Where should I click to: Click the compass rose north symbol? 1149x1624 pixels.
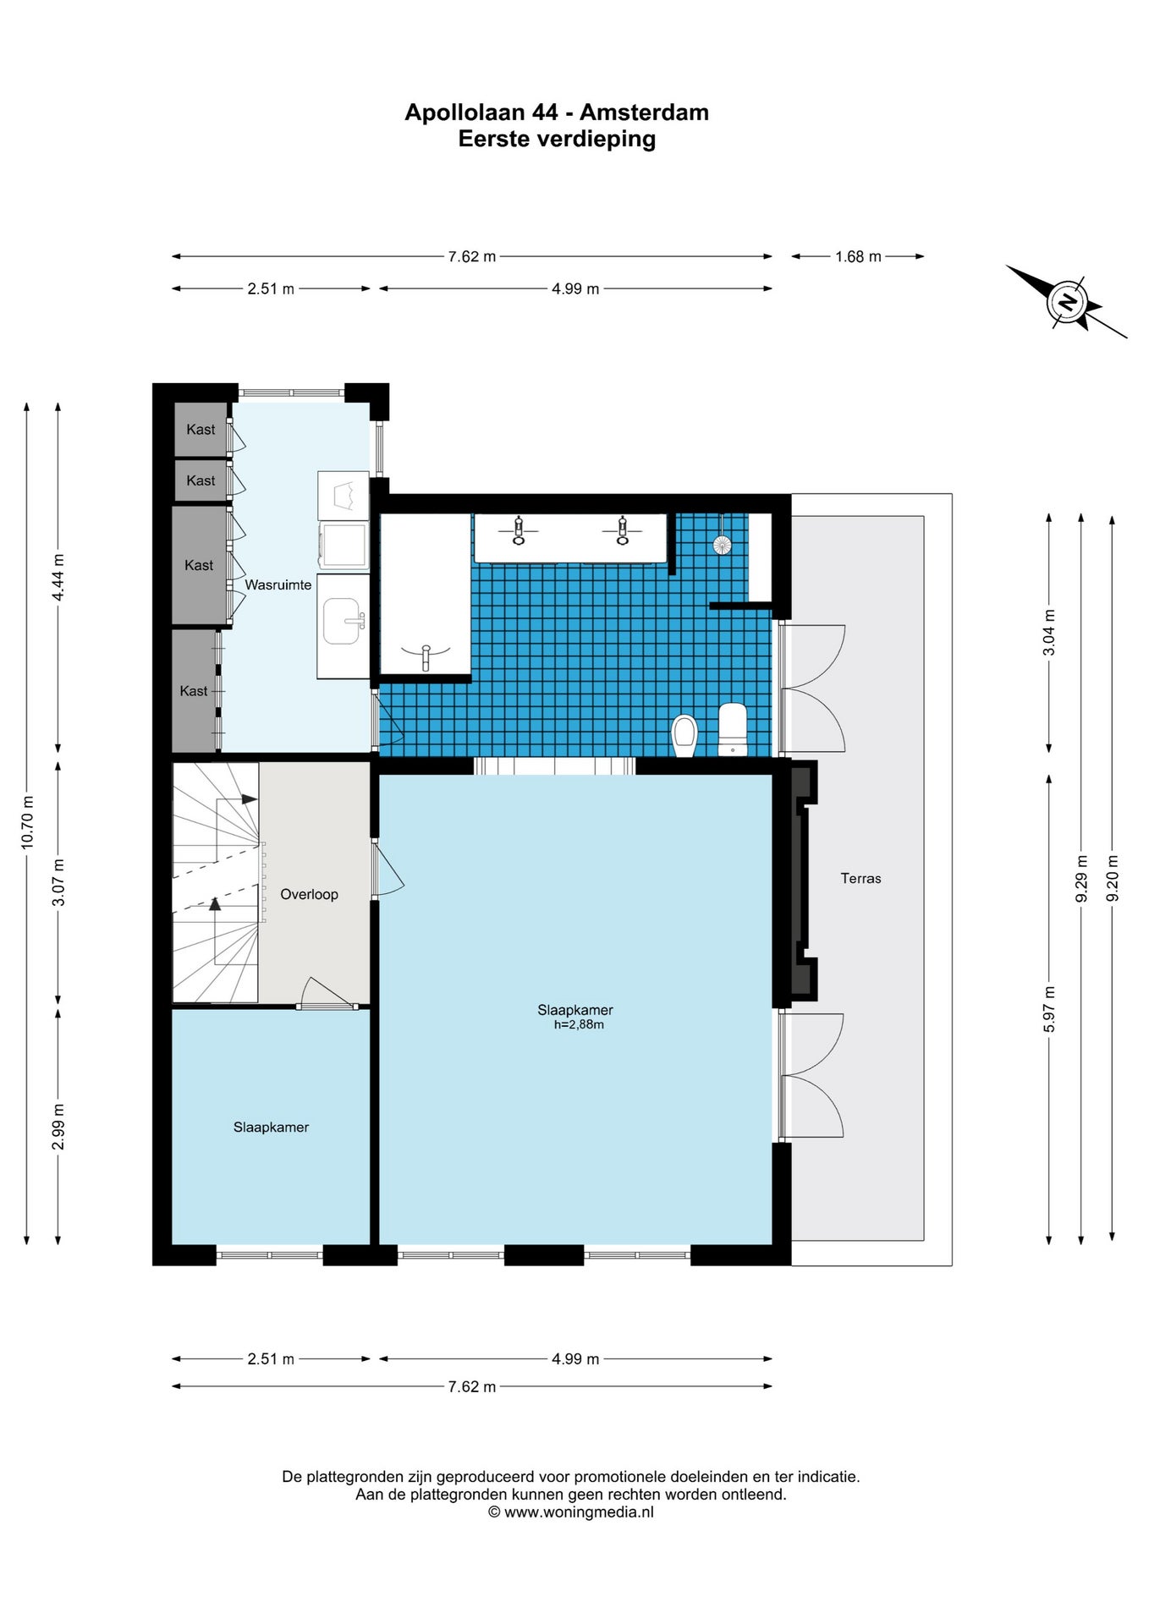pos(1067,302)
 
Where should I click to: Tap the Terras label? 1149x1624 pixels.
pos(860,878)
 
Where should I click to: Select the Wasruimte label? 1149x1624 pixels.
pos(278,584)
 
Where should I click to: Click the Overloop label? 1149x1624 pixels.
pos(309,894)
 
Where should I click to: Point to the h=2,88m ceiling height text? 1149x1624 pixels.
pos(579,1024)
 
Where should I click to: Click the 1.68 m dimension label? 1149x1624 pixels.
pos(858,256)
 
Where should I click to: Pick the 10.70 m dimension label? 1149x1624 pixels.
pos(27,822)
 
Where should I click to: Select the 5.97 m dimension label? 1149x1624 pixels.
pos(1049,1009)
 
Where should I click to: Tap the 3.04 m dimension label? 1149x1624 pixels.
pos(1049,633)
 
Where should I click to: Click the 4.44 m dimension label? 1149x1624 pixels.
pos(58,578)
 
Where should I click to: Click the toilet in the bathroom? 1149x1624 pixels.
pos(684,735)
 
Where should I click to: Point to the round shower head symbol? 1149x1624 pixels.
pos(722,544)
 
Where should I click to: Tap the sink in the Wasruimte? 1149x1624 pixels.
pos(343,621)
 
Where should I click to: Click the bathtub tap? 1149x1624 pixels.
pos(426,656)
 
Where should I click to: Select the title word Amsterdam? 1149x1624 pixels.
pos(644,112)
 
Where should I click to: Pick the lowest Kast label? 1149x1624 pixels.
pos(194,691)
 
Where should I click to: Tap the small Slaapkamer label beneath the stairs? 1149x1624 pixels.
pos(271,1127)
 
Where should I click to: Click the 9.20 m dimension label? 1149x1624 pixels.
pos(1113,878)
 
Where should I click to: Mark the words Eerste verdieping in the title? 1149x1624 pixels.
pos(557,139)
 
